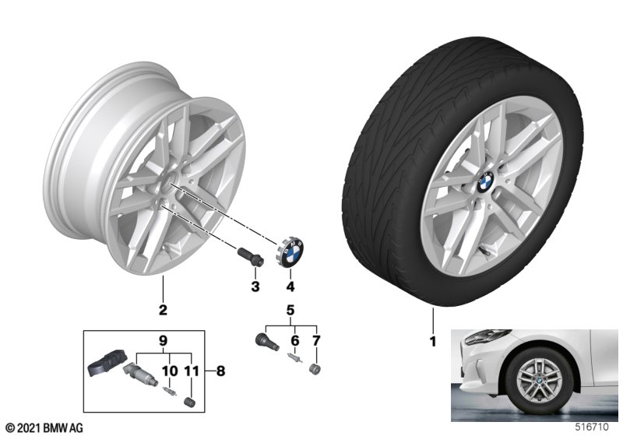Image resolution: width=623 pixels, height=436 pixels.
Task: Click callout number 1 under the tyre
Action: [432, 341]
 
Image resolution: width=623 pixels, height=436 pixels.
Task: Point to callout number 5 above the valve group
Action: [290, 311]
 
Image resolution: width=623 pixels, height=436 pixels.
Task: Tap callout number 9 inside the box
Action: [164, 339]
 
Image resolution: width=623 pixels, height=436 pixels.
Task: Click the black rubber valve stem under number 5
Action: [263, 340]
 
